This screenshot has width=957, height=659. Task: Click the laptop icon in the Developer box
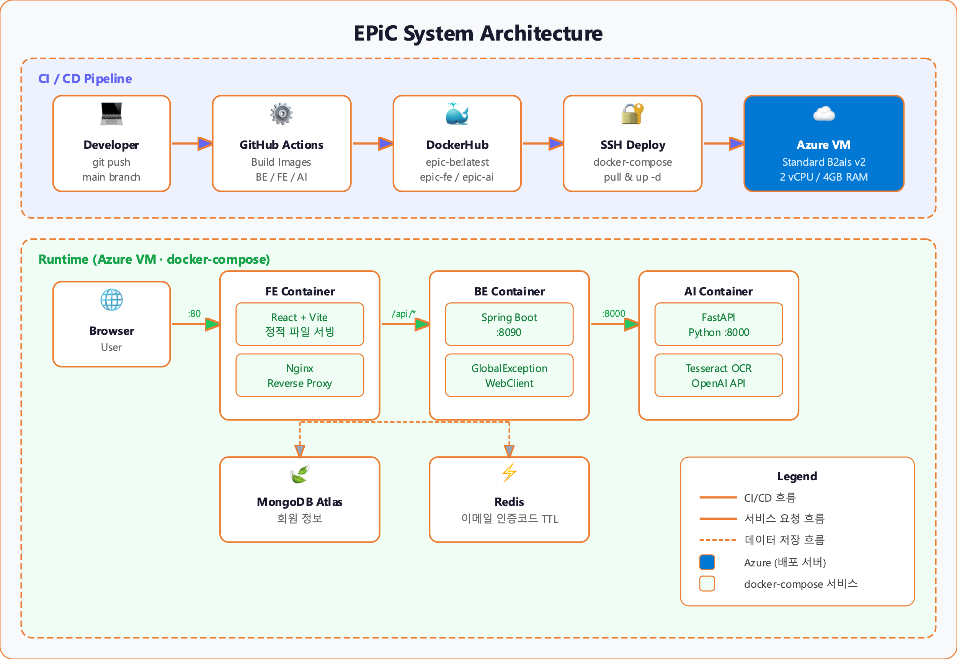pyautogui.click(x=111, y=114)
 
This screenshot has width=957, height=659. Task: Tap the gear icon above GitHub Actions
pyautogui.click(x=282, y=114)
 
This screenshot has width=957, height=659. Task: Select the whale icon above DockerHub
pyautogui.click(x=457, y=114)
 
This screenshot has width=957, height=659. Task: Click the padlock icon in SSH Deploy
pyautogui.click(x=632, y=114)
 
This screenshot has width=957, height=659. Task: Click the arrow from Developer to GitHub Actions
pyautogui.click(x=192, y=144)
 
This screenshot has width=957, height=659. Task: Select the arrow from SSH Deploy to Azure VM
pyautogui.click(x=723, y=144)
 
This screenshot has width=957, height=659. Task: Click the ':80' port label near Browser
pyautogui.click(x=194, y=313)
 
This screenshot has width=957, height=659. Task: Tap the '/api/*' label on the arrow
pyautogui.click(x=403, y=313)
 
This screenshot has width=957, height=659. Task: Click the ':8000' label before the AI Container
pyautogui.click(x=613, y=313)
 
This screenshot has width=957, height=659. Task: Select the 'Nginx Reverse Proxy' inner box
pyautogui.click(x=299, y=375)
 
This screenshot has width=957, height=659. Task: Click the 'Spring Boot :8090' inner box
pyautogui.click(x=509, y=325)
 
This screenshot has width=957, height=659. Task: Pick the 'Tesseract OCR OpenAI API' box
pyautogui.click(x=718, y=375)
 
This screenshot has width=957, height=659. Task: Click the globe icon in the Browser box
pyautogui.click(x=111, y=300)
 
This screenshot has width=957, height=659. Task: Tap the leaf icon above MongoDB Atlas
pyautogui.click(x=299, y=474)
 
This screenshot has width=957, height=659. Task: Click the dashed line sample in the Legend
pyautogui.click(x=718, y=540)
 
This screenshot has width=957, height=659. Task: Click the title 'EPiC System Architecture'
pyautogui.click(x=478, y=33)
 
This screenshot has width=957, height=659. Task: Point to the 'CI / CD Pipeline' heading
pyautogui.click(x=85, y=78)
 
